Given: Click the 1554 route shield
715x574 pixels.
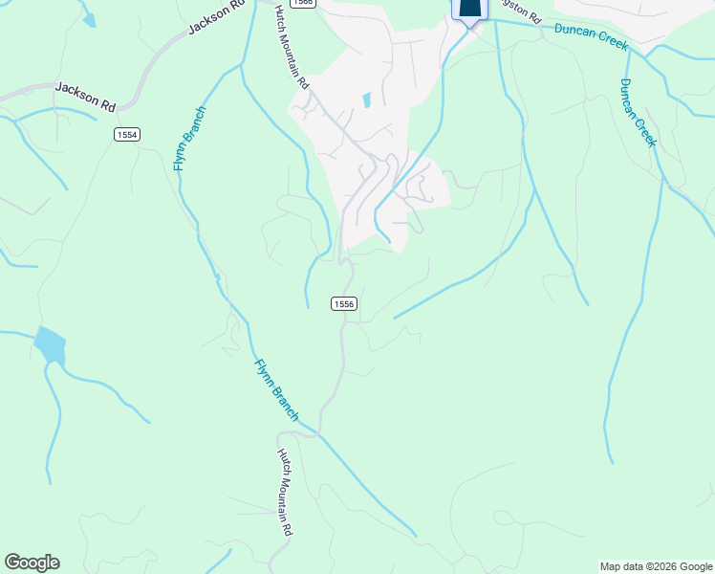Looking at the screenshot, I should [x=127, y=135].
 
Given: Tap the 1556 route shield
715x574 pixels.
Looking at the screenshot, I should [x=344, y=303].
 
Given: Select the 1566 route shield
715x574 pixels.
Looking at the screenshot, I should [x=303, y=4].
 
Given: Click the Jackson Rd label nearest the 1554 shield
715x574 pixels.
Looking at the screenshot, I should [x=84, y=95].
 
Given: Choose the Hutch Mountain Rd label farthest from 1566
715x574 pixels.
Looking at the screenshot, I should [x=284, y=492].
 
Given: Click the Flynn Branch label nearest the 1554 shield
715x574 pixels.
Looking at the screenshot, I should [x=189, y=139].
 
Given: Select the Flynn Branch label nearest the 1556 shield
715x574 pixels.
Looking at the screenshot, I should [x=277, y=389].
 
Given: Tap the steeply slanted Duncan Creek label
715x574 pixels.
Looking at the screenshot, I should [x=639, y=113].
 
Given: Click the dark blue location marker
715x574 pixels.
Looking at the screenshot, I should [x=468, y=9].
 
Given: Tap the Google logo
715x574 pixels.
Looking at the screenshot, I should [x=32, y=563].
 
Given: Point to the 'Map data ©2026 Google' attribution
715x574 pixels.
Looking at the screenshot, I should [x=656, y=566].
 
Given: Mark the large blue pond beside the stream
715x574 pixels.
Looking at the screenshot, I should [x=49, y=345].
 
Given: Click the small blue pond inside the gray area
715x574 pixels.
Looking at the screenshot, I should [x=366, y=99].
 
